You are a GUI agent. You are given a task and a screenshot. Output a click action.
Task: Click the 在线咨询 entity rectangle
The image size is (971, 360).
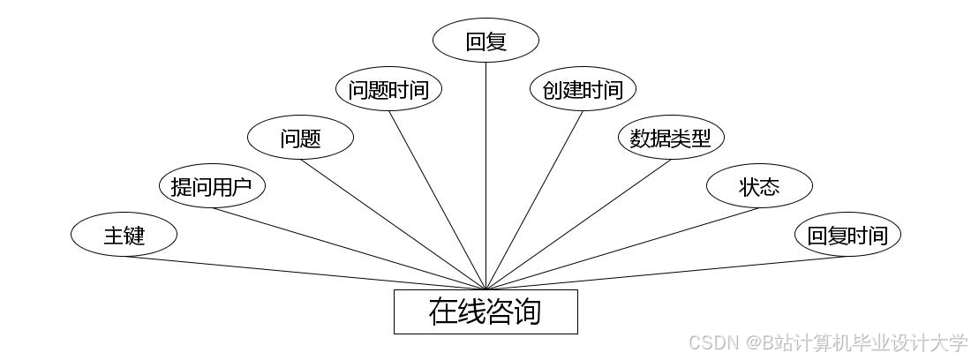point(485,311)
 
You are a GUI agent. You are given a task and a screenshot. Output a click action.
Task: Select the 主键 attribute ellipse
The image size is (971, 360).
point(124,235)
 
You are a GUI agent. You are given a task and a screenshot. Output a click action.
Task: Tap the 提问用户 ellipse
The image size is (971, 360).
point(212,186)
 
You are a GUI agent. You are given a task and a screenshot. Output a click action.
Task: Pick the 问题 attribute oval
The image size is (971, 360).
point(300,138)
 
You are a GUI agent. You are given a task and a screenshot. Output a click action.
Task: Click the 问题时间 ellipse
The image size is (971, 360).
point(388,89)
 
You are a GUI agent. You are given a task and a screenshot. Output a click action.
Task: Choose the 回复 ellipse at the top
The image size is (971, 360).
point(485,41)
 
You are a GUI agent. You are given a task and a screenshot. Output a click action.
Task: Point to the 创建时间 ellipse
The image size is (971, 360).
point(583,89)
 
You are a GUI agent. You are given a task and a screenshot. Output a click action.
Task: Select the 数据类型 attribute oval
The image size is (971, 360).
point(671,138)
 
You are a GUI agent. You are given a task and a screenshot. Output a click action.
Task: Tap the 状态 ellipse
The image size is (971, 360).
point(759,186)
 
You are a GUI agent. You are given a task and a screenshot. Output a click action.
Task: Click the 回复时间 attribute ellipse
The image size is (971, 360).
point(847,235)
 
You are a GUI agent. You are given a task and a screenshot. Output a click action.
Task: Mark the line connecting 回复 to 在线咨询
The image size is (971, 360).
point(485,176)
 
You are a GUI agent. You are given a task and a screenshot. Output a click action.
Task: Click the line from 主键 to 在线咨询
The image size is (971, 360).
point(305,273)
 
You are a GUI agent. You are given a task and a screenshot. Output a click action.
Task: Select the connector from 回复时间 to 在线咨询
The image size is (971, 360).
point(666,273)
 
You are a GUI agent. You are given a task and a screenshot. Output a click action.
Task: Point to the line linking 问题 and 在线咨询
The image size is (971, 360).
point(393,224)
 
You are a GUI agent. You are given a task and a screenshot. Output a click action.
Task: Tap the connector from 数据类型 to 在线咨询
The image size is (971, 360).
point(578,224)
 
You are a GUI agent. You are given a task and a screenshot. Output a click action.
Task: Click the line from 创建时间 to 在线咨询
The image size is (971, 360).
point(534,200)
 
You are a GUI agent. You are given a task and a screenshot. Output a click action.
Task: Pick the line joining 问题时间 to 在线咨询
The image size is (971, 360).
point(437,200)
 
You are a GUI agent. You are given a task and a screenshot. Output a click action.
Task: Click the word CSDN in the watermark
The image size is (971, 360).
point(714,342)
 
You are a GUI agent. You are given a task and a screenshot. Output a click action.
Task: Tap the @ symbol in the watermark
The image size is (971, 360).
point(753,342)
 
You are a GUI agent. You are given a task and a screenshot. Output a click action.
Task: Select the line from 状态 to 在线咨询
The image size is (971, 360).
point(622,249)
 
